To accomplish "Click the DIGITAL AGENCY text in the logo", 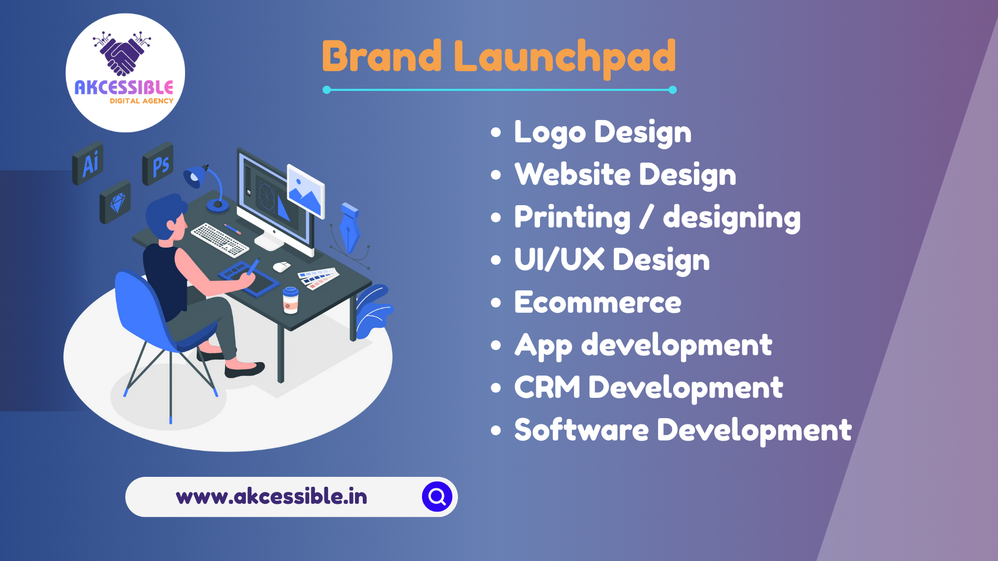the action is coord(141,101).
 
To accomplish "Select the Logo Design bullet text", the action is coord(603,132).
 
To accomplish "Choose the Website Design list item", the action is coord(625,175).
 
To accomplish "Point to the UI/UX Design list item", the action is coord(612,260).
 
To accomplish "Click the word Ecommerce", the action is coord(598,302).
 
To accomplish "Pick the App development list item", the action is coord(644,345).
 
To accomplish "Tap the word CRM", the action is coord(547,388).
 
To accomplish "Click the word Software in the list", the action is coord(582,430).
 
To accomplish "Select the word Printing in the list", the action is coord(572,218).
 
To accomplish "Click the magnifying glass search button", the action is coord(437,497).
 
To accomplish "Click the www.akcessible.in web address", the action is coord(271,497).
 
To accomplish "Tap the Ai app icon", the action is coord(88,163).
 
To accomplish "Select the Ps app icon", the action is coord(158,164).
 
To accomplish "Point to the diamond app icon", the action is coord(115,202).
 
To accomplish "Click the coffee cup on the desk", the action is coord(291,300).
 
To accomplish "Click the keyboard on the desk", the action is coord(220,239).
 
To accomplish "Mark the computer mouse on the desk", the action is coord(282,266).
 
